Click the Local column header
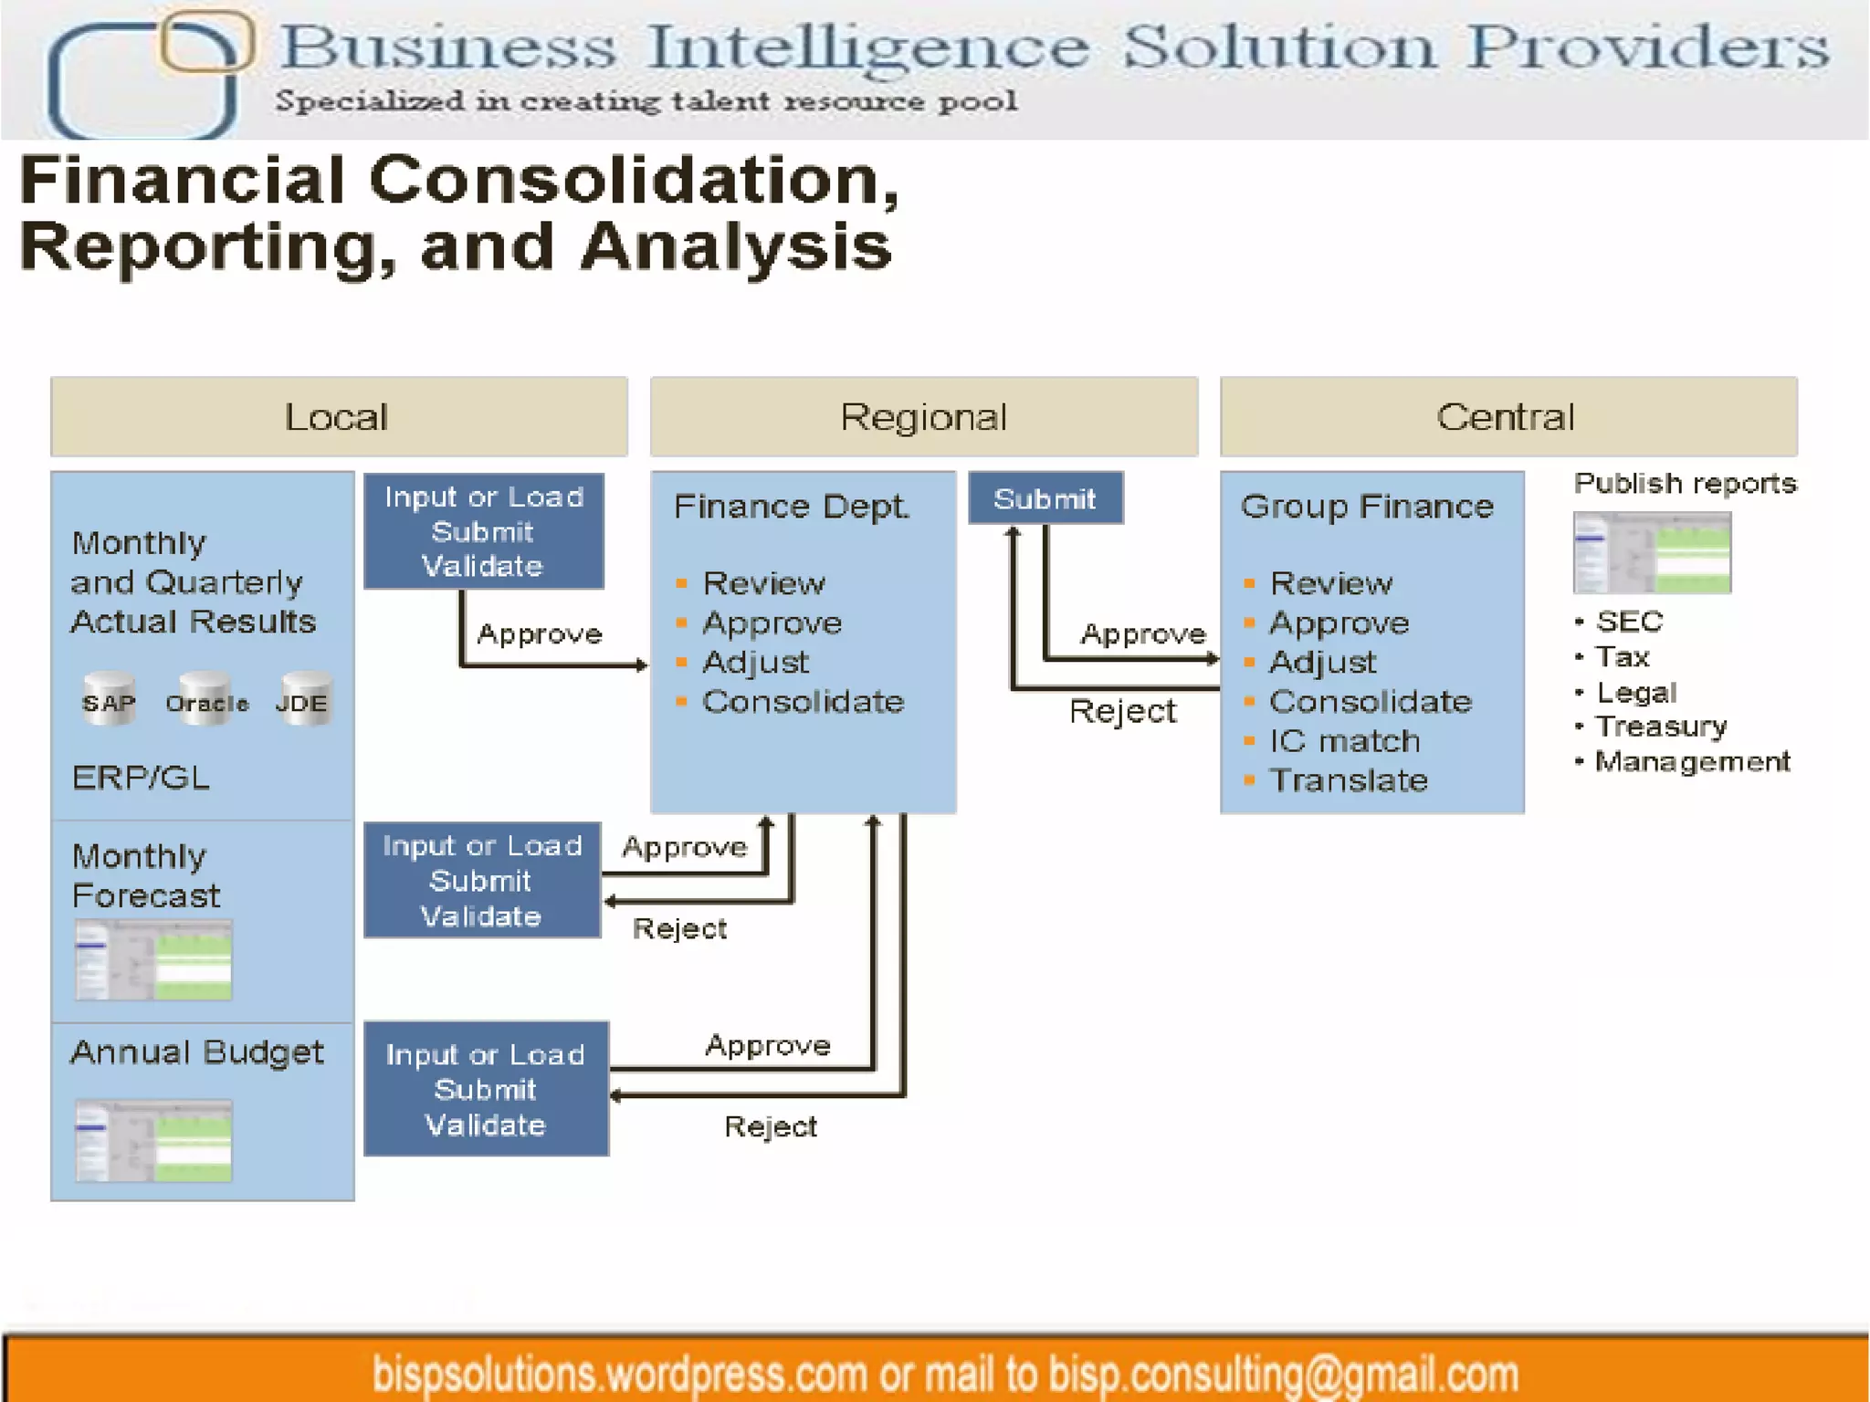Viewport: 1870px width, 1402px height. click(x=338, y=417)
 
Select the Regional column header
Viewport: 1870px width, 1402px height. click(x=923, y=417)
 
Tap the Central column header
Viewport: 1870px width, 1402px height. click(x=1508, y=417)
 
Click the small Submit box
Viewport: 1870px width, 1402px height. click(x=1045, y=498)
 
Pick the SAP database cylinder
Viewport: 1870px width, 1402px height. click(x=110, y=701)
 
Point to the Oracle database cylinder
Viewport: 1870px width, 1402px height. click(x=207, y=701)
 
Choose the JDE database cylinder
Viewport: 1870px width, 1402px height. click(x=303, y=701)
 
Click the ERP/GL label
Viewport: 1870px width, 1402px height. click(x=142, y=778)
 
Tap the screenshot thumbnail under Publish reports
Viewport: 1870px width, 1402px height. click(x=1652, y=552)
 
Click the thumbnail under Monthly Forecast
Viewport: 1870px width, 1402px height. click(x=153, y=960)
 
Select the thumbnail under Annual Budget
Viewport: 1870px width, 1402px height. click(x=153, y=1141)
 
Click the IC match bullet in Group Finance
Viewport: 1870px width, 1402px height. click(x=1344, y=741)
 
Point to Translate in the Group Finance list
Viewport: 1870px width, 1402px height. click(x=1348, y=780)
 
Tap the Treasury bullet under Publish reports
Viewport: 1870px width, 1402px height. click(x=1661, y=727)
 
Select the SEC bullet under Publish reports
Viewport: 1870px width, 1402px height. click(x=1629, y=622)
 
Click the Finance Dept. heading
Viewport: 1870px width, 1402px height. click(x=792, y=507)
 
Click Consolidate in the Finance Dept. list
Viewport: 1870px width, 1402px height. click(x=803, y=702)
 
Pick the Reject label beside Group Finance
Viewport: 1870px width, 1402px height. click(x=1122, y=711)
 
